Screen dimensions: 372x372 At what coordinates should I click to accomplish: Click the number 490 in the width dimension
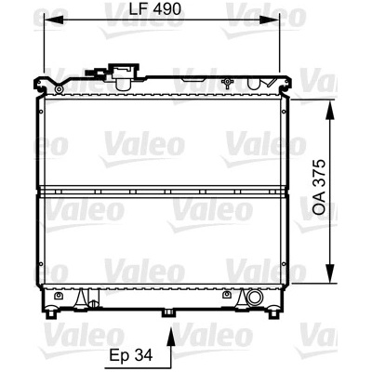click(166, 9)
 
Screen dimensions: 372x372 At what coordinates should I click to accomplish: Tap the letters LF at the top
click(138, 9)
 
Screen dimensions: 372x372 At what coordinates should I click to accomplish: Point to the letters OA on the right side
click(319, 204)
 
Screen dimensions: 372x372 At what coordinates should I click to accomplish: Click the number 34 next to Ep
click(144, 355)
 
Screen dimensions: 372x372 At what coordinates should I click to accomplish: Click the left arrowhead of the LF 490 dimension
click(54, 20)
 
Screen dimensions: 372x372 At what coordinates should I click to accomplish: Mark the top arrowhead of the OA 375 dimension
click(331, 110)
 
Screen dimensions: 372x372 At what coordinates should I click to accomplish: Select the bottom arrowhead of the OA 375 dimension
click(331, 273)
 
